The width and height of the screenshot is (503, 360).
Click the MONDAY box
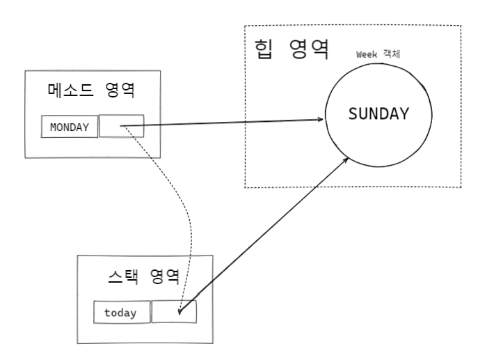click(x=70, y=127)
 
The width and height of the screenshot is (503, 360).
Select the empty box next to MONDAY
click(x=122, y=126)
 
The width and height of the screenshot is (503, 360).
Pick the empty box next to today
click(x=174, y=311)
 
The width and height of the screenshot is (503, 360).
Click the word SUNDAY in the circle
click(x=378, y=114)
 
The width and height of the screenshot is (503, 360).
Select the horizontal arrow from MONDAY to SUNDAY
click(x=223, y=123)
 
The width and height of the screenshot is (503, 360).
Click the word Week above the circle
click(x=367, y=54)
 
